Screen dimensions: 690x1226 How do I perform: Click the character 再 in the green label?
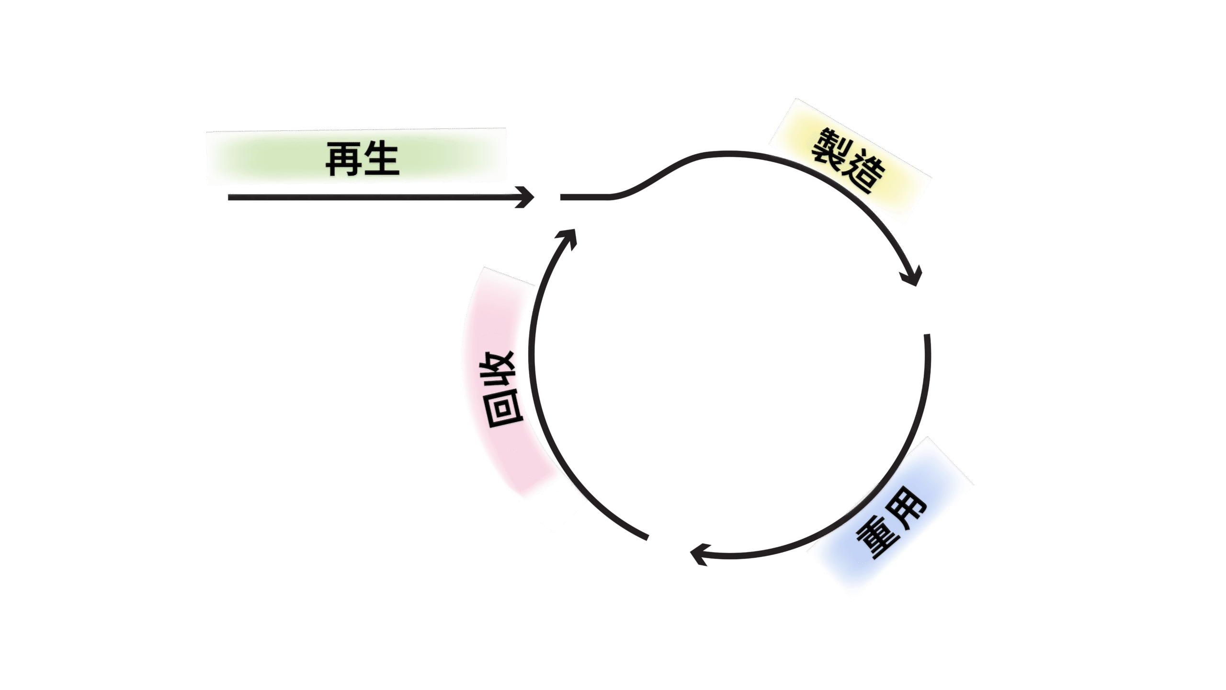343,159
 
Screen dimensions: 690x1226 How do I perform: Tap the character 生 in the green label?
382,159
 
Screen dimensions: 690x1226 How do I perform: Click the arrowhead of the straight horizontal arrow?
527,197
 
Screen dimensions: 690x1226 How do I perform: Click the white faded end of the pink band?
556,508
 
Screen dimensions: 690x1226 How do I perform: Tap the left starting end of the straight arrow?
230,197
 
